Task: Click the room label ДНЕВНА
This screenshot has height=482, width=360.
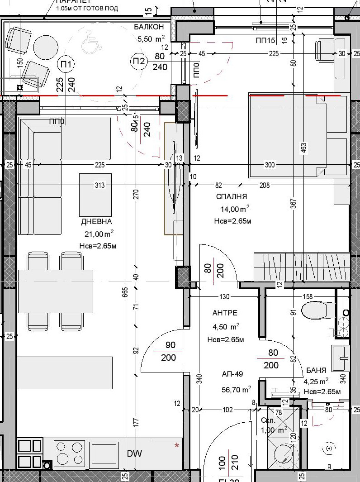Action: click(96, 221)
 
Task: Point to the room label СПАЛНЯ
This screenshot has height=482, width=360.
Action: click(232, 196)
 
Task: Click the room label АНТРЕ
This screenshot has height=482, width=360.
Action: click(225, 313)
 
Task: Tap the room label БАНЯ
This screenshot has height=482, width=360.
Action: click(316, 369)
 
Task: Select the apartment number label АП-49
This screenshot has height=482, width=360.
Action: click(232, 374)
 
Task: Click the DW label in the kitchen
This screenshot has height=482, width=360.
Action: click(134, 453)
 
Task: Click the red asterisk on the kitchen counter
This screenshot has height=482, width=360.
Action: click(177, 445)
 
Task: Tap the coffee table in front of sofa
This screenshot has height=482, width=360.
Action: click(95, 195)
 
